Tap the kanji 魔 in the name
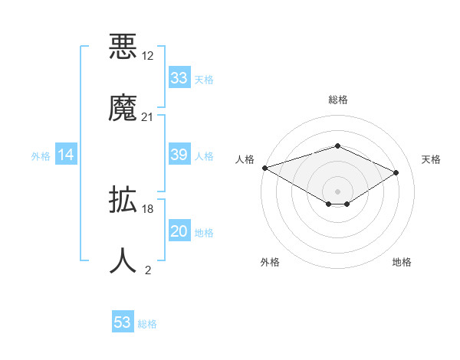(x=123, y=107)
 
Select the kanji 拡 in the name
(x=123, y=201)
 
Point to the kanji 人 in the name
(x=123, y=260)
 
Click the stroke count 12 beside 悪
(x=148, y=57)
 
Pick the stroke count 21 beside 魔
(x=148, y=116)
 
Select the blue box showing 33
(x=179, y=78)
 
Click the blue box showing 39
(x=179, y=155)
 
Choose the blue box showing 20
(x=179, y=231)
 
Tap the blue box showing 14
(x=66, y=155)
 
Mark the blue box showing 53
(x=123, y=322)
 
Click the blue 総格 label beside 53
(x=147, y=324)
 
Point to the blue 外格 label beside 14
(x=41, y=155)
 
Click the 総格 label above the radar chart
(x=337, y=100)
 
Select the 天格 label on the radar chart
(x=432, y=159)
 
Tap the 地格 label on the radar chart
(x=402, y=262)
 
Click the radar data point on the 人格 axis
(x=264, y=168)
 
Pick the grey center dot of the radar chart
(x=337, y=191)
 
